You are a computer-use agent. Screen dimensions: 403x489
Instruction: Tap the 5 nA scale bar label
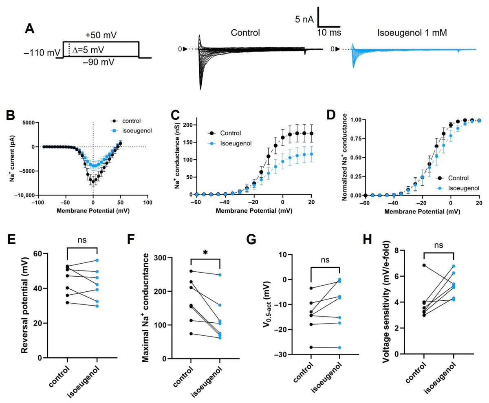pos(304,19)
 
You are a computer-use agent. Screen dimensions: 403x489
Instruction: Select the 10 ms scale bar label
pos(329,32)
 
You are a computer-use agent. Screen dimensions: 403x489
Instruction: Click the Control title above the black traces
pos(245,33)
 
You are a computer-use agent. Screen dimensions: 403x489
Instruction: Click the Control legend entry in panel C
pos(231,133)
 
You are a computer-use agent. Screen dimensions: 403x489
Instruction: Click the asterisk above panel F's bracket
pos(205,253)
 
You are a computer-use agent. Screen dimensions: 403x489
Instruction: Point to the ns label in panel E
pos(81,240)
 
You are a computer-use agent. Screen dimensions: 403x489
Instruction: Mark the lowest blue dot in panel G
pos(339,348)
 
